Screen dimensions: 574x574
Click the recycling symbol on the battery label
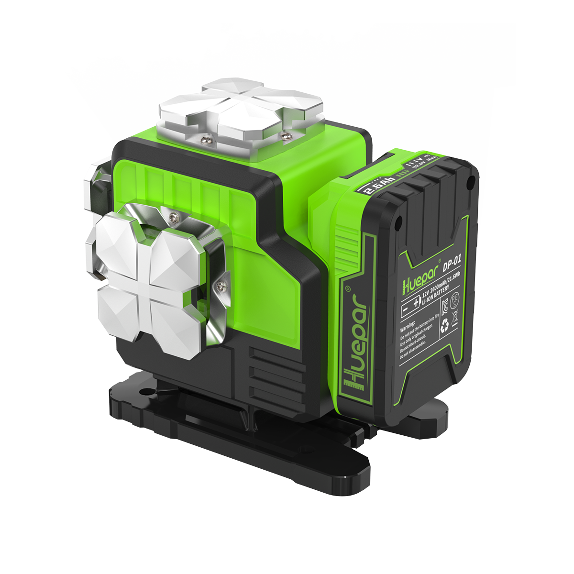coord(445,325)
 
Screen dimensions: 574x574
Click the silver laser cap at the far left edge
coord(98,184)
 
